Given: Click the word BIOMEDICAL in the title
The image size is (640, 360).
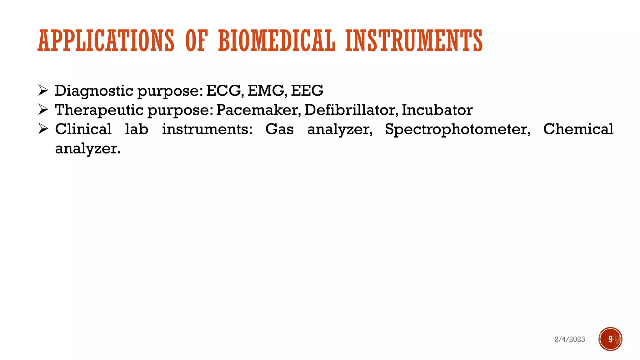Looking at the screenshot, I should click(277, 41).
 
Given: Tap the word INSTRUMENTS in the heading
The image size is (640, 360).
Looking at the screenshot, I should click(414, 41).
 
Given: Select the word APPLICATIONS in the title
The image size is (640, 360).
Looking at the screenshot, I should click(106, 41).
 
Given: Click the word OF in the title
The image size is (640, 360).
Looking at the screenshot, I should click(196, 41).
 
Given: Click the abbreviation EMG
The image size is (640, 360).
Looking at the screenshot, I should click(266, 91).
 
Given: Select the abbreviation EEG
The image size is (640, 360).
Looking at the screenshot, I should click(307, 91).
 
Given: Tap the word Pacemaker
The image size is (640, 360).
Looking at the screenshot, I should click(258, 110).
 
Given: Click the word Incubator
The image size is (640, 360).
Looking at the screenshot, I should click(437, 110).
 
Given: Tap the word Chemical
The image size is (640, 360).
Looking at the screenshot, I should click(578, 129).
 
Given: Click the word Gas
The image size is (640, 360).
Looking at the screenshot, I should click(279, 129).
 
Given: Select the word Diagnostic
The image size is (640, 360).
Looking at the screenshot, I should click(94, 91).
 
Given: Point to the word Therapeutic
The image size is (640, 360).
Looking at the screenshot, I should click(99, 110).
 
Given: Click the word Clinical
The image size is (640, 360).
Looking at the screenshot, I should click(83, 129).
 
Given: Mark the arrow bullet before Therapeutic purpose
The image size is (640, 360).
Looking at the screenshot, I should click(43, 109).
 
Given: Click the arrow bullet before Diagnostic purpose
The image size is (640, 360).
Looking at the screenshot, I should click(43, 90).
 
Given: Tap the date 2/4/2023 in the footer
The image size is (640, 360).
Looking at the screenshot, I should click(570, 339).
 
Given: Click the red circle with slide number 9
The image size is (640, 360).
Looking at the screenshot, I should click(610, 339).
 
